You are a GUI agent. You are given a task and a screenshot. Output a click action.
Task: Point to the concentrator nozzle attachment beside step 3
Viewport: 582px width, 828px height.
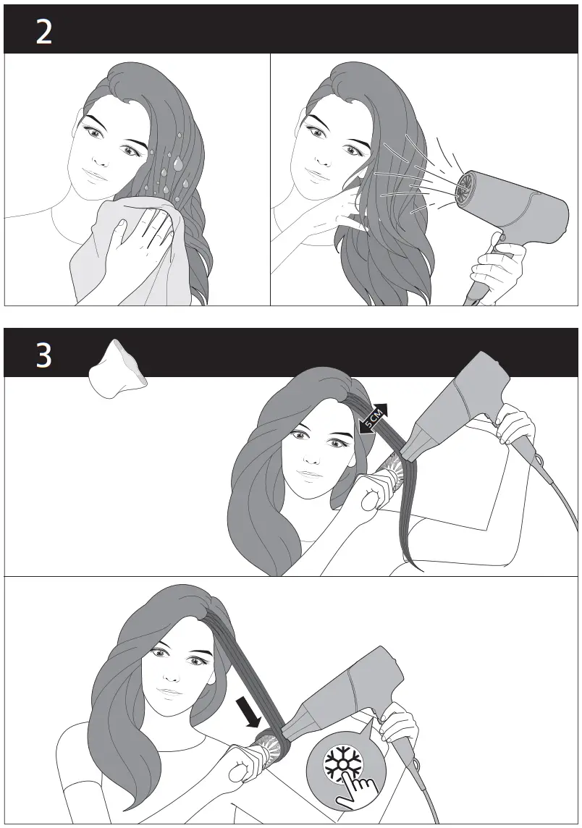[x=116, y=370]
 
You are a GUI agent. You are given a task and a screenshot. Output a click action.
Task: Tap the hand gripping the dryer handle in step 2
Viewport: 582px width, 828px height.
[x=497, y=268]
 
